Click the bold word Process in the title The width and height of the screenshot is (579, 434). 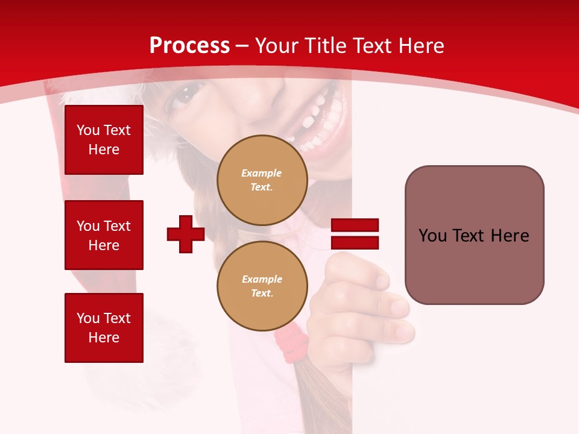189,46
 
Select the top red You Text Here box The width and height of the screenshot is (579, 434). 104,140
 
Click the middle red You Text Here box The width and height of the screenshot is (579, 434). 104,235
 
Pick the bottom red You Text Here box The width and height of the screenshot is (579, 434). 104,328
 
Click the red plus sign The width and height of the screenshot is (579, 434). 186,234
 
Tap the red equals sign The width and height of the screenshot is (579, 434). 355,234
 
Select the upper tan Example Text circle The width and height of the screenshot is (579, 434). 262,180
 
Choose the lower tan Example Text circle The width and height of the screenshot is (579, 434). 262,286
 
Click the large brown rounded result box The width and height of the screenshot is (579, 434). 474,235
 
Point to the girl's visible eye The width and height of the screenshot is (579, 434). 186,94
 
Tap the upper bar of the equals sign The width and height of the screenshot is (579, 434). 355,225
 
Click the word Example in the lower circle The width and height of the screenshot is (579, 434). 262,279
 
